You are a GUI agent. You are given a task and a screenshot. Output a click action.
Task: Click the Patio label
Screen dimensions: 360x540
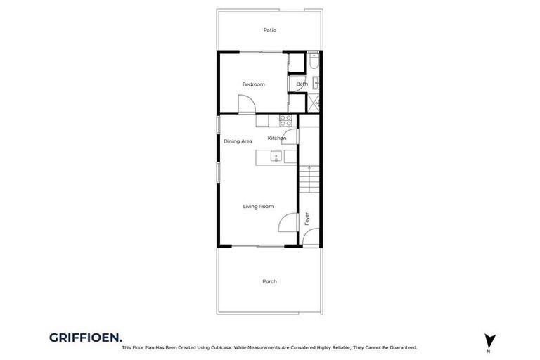(270, 30)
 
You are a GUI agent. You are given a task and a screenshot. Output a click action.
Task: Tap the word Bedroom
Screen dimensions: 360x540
(253, 84)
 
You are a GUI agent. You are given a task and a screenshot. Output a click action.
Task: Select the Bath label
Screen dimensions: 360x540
(302, 84)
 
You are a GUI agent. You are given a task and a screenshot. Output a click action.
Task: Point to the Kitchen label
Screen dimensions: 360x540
(276, 138)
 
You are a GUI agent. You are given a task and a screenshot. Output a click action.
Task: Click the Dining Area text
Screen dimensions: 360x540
(238, 141)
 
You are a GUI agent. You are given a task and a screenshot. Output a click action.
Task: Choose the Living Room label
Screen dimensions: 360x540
(258, 206)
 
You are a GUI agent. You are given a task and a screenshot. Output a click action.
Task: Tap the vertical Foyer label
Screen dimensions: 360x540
(307, 219)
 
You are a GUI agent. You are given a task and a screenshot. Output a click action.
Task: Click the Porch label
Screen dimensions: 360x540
(269, 281)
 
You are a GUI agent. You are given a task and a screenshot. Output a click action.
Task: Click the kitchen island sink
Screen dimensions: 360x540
(276, 156)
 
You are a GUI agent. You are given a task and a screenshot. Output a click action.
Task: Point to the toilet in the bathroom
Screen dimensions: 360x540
(314, 64)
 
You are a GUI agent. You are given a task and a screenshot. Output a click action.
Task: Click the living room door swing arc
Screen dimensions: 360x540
(287, 223)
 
